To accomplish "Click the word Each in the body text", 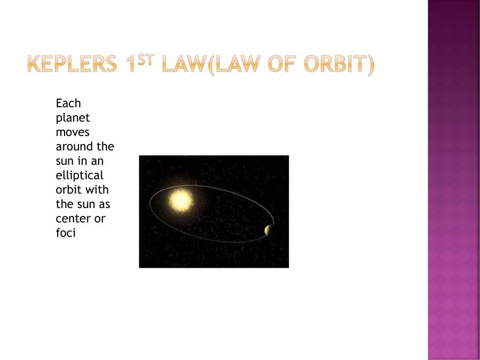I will pyautogui.click(x=68, y=103).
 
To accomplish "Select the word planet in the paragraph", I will pyautogui.click(x=73, y=118).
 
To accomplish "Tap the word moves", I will pyautogui.click(x=73, y=132).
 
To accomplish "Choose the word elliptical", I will pyautogui.click(x=79, y=175).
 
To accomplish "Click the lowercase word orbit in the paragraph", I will pyautogui.click(x=68, y=189).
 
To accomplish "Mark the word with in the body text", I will pyautogui.click(x=98, y=189).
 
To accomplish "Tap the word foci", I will pyautogui.click(x=66, y=233).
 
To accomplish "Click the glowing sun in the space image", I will pyautogui.click(x=180, y=201).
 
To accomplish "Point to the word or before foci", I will pyautogui.click(x=100, y=219).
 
